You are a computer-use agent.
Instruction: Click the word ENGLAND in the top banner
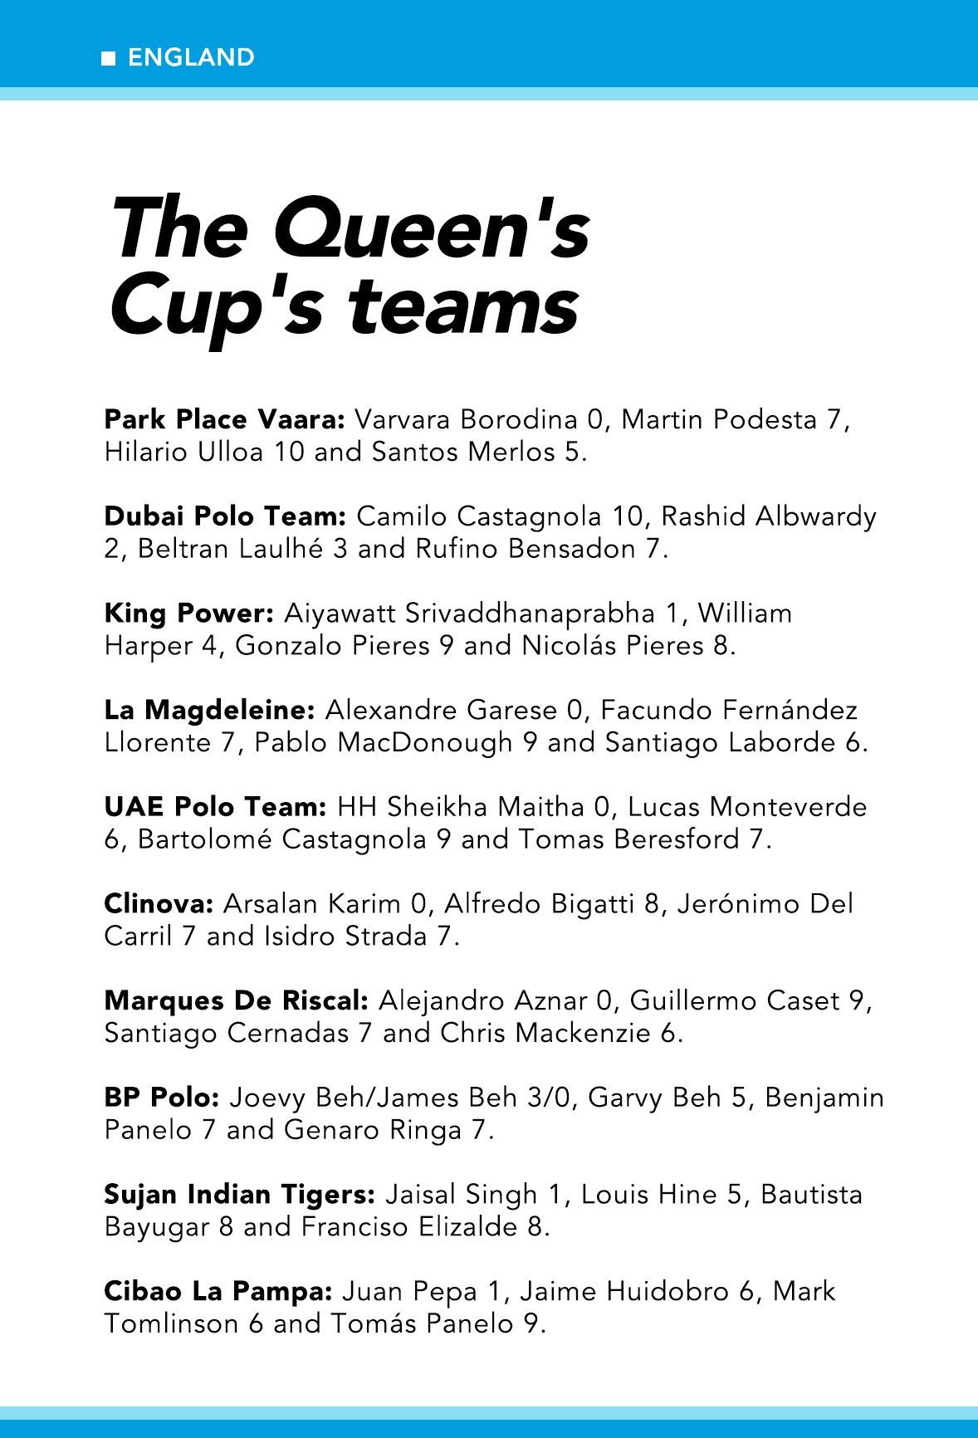pyautogui.click(x=192, y=57)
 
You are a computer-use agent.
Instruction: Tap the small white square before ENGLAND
pyautogui.click(x=108, y=58)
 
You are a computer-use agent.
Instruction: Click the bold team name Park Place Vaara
pyautogui.click(x=224, y=420)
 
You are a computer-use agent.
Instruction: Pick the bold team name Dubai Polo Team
pyautogui.click(x=225, y=516)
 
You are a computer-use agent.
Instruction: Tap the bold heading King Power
pyautogui.click(x=189, y=614)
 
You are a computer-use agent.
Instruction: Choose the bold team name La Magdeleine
pyautogui.click(x=210, y=711)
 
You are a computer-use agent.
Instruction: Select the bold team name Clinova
pyautogui.click(x=159, y=903)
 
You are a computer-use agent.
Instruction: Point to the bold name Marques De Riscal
pyautogui.click(x=236, y=1000)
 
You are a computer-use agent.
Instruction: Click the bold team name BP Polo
pyautogui.click(x=162, y=1098)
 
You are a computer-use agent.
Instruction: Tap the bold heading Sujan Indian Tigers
pyautogui.click(x=240, y=1195)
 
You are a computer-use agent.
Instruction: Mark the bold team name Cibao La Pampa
pyautogui.click(x=218, y=1292)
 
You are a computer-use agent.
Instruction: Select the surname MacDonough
pyautogui.click(x=425, y=743)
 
